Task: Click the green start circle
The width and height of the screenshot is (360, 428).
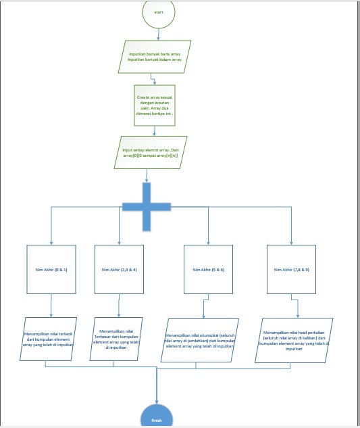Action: pyautogui.click(x=159, y=12)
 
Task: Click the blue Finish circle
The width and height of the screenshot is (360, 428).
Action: pyautogui.click(x=157, y=417)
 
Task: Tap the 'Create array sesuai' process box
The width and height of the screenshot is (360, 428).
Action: pyautogui.click(x=155, y=105)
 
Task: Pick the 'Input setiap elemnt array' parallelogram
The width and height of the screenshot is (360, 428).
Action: pyautogui.click(x=150, y=153)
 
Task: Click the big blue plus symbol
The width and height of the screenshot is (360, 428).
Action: pyautogui.click(x=147, y=206)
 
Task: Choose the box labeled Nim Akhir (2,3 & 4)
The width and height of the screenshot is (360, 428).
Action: pyautogui.click(x=119, y=269)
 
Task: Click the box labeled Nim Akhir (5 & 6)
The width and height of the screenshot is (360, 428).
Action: pyautogui.click(x=208, y=269)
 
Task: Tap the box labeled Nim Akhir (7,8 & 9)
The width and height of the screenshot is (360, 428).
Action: pyautogui.click(x=291, y=269)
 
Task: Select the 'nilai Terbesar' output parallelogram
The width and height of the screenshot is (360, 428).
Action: pyautogui.click(x=116, y=337)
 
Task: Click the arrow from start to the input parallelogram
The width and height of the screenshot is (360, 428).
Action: pyautogui.click(x=159, y=35)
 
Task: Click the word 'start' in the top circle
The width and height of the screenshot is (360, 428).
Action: pyautogui.click(x=159, y=12)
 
